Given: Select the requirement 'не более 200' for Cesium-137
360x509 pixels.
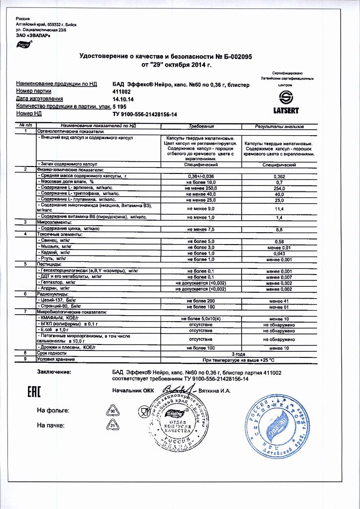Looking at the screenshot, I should (x=201, y=301).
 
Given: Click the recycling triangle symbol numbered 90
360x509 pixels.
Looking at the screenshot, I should (x=112, y=411).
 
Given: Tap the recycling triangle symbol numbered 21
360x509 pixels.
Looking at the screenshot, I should (x=112, y=425).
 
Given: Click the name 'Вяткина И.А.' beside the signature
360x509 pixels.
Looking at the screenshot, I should (x=215, y=391).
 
